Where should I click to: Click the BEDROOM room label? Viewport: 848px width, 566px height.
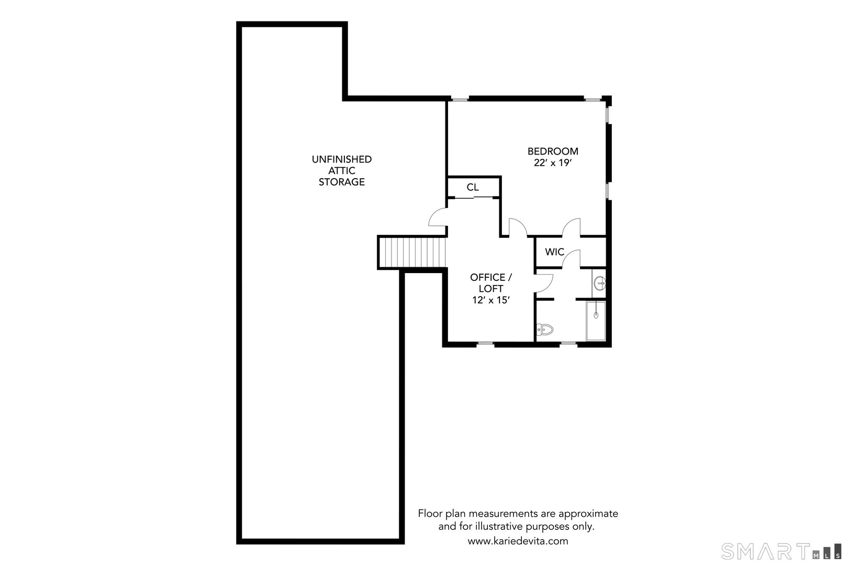(x=553, y=151)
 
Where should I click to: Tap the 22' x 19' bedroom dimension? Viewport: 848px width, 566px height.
(x=552, y=163)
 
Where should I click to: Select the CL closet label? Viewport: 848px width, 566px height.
(x=473, y=187)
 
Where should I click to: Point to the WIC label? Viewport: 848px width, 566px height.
(x=554, y=252)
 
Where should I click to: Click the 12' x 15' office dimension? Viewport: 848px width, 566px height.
(x=490, y=300)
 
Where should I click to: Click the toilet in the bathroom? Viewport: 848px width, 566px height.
(x=545, y=330)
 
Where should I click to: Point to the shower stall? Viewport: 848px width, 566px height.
(x=596, y=321)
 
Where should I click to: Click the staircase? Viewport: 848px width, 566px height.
(x=412, y=252)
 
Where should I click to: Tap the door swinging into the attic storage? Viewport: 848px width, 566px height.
(x=437, y=217)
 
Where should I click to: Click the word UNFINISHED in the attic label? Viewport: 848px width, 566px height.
(x=342, y=159)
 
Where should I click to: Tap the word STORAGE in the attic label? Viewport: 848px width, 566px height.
(x=342, y=182)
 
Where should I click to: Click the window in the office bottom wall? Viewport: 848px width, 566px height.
(x=485, y=344)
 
